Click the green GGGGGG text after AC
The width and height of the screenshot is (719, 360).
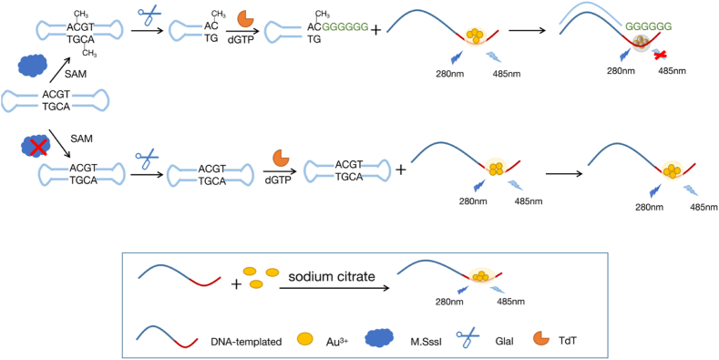tap(345, 27)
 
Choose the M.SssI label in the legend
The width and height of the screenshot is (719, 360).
tap(420, 341)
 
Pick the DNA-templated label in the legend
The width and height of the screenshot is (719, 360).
tap(246, 341)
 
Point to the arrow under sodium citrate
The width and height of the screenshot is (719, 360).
tap(334, 288)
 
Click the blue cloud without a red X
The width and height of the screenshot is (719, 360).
tap(32, 65)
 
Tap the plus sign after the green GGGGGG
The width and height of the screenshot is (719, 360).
tap(376, 30)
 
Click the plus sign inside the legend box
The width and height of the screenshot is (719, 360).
tap(236, 284)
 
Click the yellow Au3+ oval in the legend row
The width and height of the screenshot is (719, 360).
tap(304, 339)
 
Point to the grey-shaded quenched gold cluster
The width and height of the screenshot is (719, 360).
tap(642, 42)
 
